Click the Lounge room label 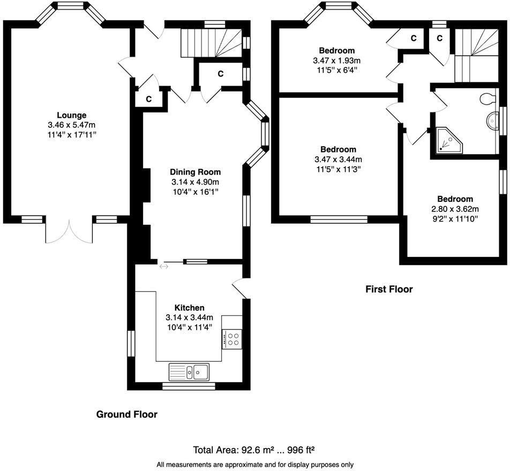click(71, 115)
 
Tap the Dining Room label click(195, 172)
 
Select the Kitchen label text click(189, 308)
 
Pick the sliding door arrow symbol click(163, 266)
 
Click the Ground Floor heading click(126, 414)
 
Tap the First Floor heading click(389, 289)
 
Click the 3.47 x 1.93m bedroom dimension click(337, 61)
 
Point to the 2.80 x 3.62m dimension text click(455, 209)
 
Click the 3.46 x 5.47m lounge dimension click(71, 125)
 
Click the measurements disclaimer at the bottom click(255, 464)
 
